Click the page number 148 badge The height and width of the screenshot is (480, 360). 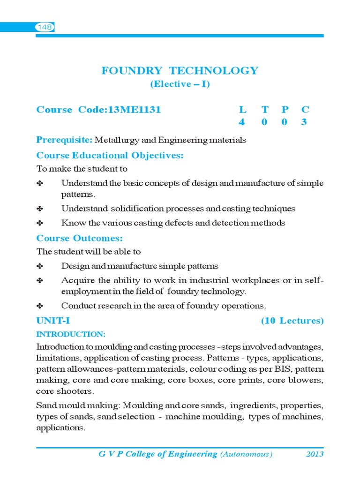(x=45, y=28)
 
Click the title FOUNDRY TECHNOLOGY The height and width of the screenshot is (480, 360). (x=180, y=71)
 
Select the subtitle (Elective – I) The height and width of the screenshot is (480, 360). (x=180, y=84)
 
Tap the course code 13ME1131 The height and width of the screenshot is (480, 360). (x=135, y=110)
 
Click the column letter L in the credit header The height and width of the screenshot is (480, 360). (x=242, y=110)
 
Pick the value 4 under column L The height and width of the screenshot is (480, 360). (x=242, y=122)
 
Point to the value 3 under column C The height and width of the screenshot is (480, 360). (x=305, y=122)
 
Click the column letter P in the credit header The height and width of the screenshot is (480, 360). (x=285, y=110)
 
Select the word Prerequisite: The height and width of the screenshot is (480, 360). (x=64, y=140)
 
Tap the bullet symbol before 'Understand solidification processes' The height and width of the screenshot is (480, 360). (x=40, y=209)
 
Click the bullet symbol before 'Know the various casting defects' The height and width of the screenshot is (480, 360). (x=40, y=223)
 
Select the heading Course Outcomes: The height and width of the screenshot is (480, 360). (x=79, y=238)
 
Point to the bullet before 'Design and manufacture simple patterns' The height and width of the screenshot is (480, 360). (x=40, y=266)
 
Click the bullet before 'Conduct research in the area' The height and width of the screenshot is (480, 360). (x=40, y=306)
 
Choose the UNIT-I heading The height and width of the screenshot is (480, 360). (x=53, y=321)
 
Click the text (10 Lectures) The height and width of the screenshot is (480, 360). (x=292, y=321)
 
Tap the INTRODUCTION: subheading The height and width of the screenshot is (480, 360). (x=71, y=334)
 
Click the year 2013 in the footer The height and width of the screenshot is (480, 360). (x=315, y=454)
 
